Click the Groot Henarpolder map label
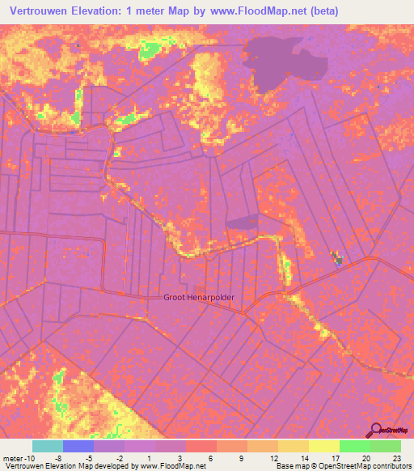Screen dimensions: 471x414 [199, 297]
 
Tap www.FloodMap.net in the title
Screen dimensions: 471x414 [254, 11]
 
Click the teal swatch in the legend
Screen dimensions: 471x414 [47, 446]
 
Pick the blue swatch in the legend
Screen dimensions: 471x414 [78, 446]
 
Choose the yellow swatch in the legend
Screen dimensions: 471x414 [323, 446]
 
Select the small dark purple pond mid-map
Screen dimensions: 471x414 [241, 221]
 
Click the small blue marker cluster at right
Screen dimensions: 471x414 [336, 258]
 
